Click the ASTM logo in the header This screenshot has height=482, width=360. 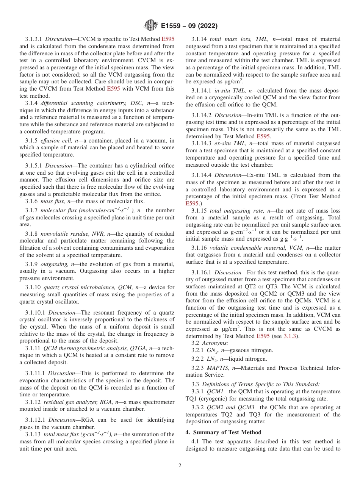[x=151, y=26]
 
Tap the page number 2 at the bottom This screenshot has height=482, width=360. [x=180, y=466]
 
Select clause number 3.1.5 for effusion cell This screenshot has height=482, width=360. [x=31, y=141]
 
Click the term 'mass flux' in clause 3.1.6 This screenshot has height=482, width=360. [x=53, y=201]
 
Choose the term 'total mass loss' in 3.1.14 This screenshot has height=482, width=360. [x=226, y=39]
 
